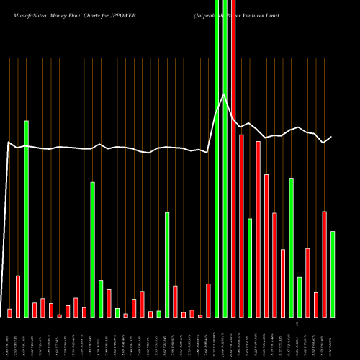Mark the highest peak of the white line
click(225, 94)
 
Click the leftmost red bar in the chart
click(9, 312)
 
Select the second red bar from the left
click(18, 296)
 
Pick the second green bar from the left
click(93, 249)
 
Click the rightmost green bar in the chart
click(333, 274)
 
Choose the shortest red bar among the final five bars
click(316, 305)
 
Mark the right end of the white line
click(332, 137)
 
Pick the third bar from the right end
click(316, 305)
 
